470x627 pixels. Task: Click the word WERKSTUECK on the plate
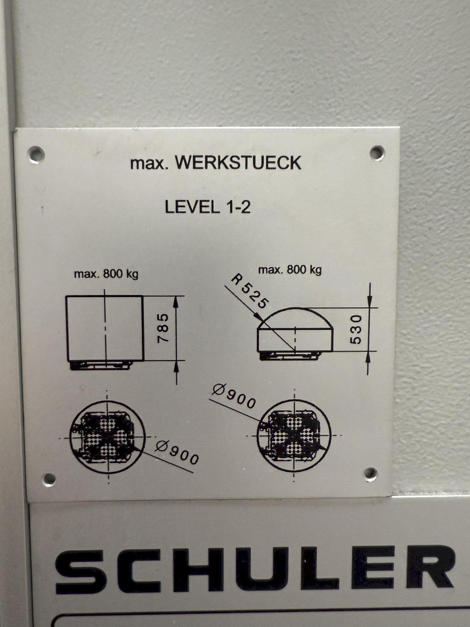coord(238,162)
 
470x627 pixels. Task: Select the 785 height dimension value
coord(164,328)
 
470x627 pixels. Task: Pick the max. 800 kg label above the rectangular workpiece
coord(106,274)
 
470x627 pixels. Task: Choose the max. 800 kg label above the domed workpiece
coord(290,270)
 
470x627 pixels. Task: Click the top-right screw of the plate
coord(377,152)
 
